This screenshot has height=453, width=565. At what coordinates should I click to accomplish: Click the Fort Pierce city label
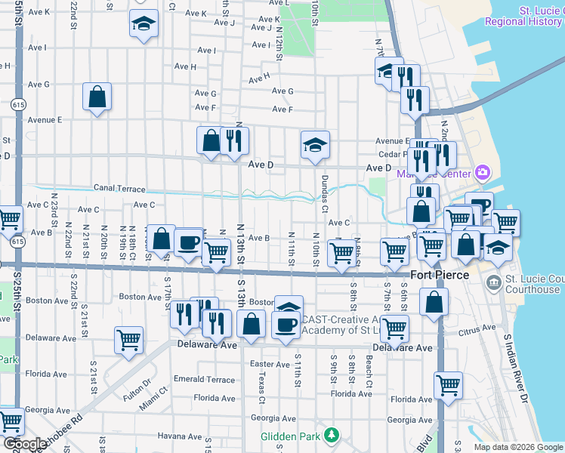pos(440,276)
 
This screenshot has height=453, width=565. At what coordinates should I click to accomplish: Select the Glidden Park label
pos(290,436)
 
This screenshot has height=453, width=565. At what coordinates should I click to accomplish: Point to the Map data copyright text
pos(518,447)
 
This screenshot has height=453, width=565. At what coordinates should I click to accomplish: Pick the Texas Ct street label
pos(261,387)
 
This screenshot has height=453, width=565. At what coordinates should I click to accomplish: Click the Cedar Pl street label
pos(393,153)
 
